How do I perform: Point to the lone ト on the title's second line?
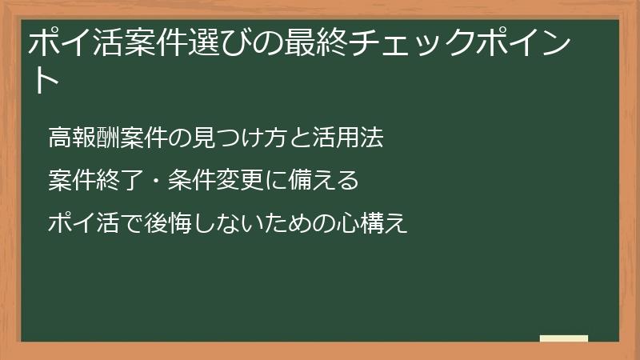[x=44, y=80]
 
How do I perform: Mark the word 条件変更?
[x=214, y=181]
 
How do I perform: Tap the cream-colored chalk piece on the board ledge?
[x=564, y=338]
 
